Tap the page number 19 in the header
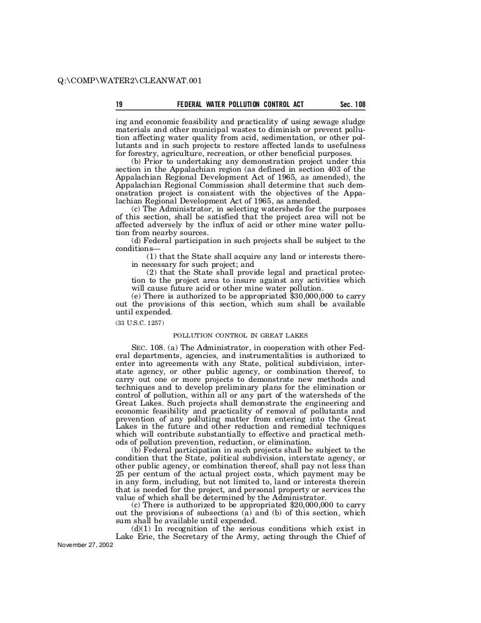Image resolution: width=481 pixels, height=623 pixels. pos(120,105)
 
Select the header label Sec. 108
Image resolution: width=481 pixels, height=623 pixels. pos(352,105)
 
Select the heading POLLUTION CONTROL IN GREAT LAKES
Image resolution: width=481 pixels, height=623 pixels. pos(240,336)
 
